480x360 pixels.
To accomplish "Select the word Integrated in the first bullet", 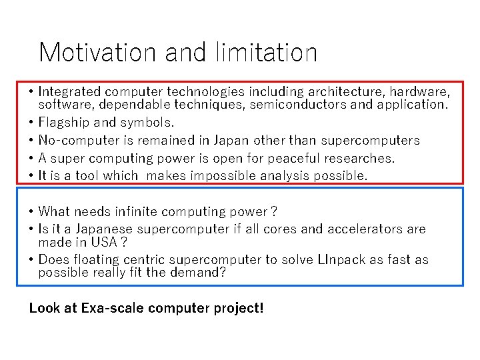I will (69, 91).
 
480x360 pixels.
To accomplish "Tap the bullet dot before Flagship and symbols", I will (32, 123).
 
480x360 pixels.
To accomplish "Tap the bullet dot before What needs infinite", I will (32, 213).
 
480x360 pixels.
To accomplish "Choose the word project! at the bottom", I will (238, 309).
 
